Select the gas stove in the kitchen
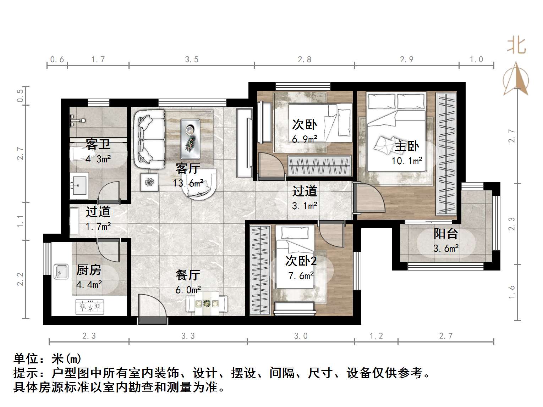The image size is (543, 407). click(90, 307)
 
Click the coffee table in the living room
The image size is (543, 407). click(190, 139)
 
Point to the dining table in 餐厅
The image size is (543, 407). click(207, 304)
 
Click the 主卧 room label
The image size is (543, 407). click(407, 146)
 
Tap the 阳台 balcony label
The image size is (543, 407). click(445, 234)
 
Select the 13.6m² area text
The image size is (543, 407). click(188, 183)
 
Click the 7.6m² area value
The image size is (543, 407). click(301, 275)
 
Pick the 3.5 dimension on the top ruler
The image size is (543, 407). click(192, 60)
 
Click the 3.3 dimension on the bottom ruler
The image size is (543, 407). click(188, 336)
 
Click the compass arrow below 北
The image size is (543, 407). click(516, 80)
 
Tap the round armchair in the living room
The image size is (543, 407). click(199, 184)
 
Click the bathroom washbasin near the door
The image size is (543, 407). click(78, 184)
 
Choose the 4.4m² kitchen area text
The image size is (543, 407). click(89, 284)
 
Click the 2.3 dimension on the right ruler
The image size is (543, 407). click(511, 224)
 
